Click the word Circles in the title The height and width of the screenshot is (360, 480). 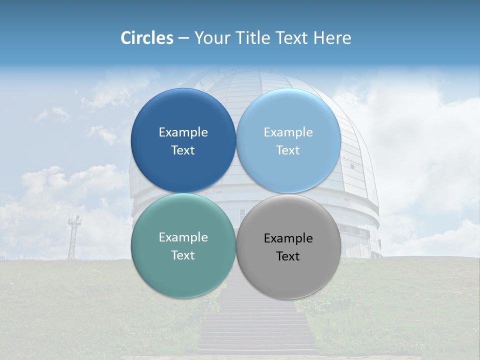coord(146,38)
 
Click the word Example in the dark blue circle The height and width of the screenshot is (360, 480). coord(183,132)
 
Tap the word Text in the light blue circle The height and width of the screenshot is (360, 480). coord(288,150)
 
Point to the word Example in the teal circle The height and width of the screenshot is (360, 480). coord(183,237)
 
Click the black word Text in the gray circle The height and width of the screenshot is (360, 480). coord(288,256)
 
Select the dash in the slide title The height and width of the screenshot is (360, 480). coord(183,38)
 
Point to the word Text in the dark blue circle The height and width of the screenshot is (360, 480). coord(183,150)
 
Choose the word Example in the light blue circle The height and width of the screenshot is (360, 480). coord(288,132)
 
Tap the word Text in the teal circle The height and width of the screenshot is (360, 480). coord(183,255)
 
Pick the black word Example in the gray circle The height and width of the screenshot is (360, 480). coord(288,238)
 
